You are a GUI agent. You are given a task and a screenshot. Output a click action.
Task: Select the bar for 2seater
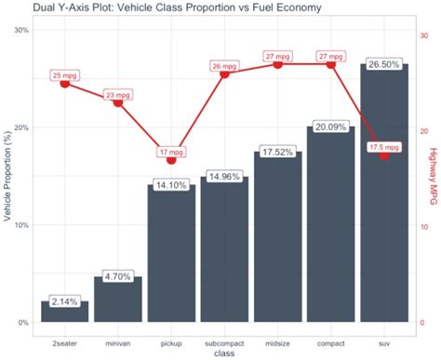65,313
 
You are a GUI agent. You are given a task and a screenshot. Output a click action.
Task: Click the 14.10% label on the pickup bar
171,185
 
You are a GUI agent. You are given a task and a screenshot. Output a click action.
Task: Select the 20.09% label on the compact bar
330,127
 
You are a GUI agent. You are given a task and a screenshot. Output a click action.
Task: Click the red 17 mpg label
171,152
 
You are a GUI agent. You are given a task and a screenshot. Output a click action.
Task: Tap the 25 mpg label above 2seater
65,74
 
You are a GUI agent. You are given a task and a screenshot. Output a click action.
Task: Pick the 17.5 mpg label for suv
384,147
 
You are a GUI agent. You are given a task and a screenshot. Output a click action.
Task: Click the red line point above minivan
118,102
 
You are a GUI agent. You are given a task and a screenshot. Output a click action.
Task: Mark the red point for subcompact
224,73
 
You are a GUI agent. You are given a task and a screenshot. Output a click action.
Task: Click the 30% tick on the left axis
20,30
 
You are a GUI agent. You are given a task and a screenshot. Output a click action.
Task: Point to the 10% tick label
20,225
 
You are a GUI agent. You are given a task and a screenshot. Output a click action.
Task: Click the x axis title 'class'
224,353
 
